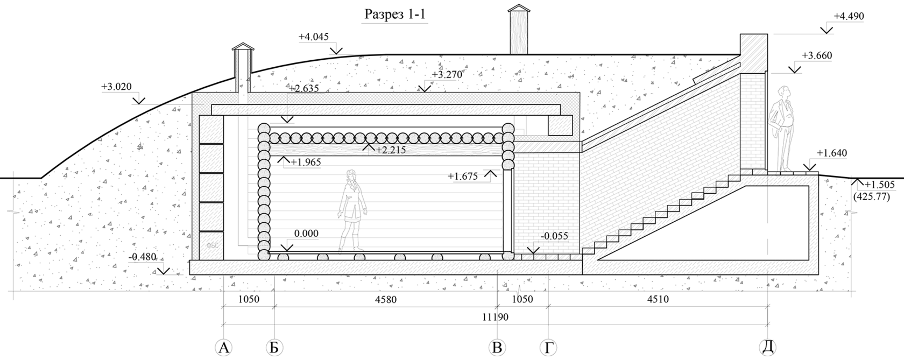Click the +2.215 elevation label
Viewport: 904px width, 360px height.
click(x=391, y=151)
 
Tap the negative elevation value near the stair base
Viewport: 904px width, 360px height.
click(x=554, y=236)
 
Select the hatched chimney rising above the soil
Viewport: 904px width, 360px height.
click(x=519, y=32)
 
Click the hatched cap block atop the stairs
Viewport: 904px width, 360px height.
click(x=753, y=53)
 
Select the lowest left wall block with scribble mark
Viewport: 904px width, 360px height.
click(x=211, y=245)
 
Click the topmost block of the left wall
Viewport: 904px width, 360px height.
click(x=211, y=130)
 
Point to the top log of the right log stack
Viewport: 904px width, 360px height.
click(x=508, y=129)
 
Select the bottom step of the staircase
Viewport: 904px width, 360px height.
click(x=589, y=250)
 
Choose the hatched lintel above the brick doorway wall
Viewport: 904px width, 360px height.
click(x=546, y=146)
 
